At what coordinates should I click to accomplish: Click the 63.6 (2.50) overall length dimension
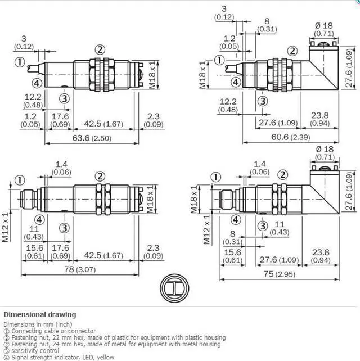[92, 138]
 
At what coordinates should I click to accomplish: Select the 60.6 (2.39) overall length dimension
[291, 137]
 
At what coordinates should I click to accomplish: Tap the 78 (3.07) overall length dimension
[80, 269]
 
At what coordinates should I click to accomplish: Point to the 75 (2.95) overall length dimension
[280, 274]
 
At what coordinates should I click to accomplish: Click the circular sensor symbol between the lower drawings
[174, 288]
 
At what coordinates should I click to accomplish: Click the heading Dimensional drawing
[40, 314]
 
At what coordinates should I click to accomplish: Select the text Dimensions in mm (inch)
[38, 324]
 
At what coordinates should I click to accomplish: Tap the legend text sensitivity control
[35, 351]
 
